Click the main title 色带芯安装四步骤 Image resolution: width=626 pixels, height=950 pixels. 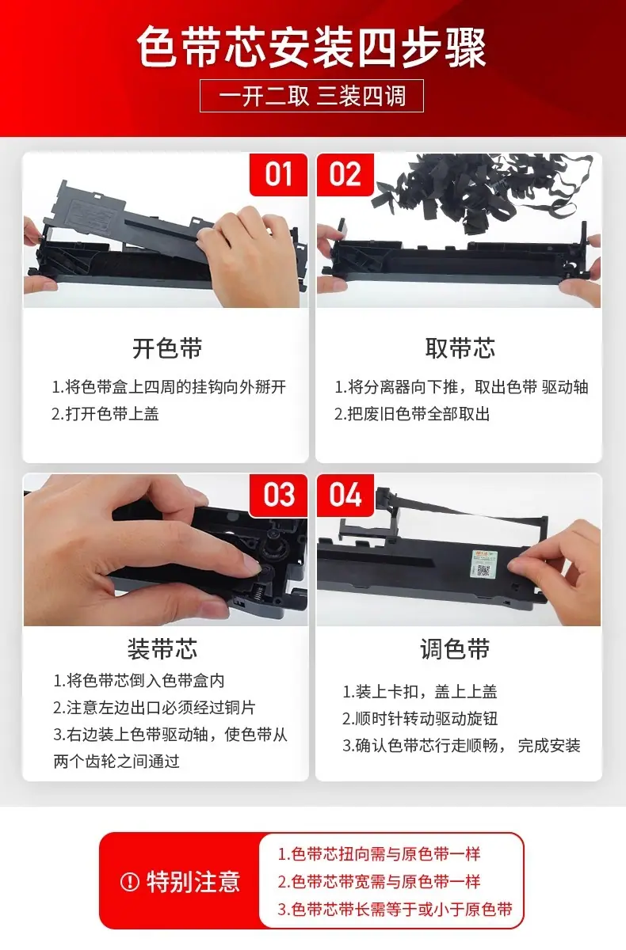(x=312, y=47)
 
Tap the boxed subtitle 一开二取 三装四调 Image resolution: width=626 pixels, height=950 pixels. (x=312, y=96)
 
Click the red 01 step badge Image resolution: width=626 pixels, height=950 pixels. (x=278, y=174)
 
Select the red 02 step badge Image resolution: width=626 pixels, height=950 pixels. (x=345, y=174)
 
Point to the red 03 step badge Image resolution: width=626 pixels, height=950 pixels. (x=278, y=495)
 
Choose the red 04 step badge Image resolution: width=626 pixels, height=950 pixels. (x=345, y=495)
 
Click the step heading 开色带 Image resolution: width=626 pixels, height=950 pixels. (x=167, y=348)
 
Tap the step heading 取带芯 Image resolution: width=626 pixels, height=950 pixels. (x=460, y=348)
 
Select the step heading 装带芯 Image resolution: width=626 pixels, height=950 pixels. (x=162, y=649)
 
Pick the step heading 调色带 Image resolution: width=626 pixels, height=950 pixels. (x=455, y=649)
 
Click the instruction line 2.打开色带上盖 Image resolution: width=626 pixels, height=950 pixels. (x=105, y=414)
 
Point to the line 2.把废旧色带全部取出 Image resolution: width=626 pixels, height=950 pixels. (x=412, y=414)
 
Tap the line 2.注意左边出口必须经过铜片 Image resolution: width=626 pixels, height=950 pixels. (x=154, y=708)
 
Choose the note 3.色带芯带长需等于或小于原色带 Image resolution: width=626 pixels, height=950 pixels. (x=395, y=909)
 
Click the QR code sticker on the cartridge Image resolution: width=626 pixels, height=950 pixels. (x=483, y=564)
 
